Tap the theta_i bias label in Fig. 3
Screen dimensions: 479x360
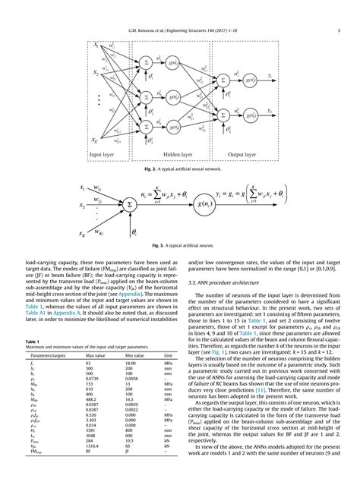click(135, 228)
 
